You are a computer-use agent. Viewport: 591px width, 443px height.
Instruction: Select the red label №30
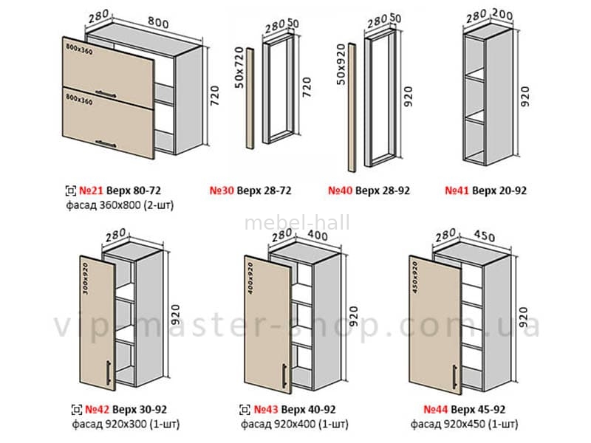click(x=245, y=190)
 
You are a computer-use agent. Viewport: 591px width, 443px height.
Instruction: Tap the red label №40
click(x=341, y=190)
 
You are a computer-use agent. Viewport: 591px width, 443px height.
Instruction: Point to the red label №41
click(x=457, y=190)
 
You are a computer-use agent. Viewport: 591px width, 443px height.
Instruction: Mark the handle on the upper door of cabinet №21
click(x=108, y=94)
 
